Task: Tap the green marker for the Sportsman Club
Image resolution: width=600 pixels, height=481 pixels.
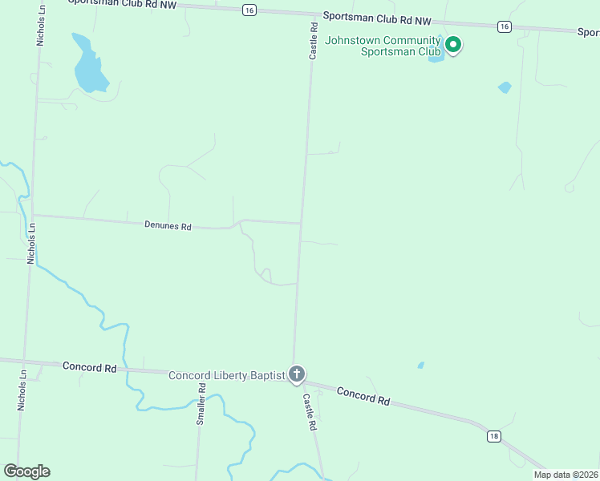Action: click(x=453, y=44)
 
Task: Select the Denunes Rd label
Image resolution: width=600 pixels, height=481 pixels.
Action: click(x=168, y=226)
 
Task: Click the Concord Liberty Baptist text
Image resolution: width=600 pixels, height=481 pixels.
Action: click(x=227, y=375)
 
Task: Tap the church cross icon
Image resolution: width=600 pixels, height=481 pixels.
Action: click(x=297, y=374)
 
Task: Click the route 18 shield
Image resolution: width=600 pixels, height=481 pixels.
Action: click(x=493, y=436)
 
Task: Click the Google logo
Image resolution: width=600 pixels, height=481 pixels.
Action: click(x=26, y=471)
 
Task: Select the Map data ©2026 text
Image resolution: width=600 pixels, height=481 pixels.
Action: click(x=566, y=475)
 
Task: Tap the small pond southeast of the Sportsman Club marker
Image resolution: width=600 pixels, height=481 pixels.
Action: click(x=504, y=87)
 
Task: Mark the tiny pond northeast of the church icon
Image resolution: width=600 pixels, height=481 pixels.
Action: click(x=421, y=366)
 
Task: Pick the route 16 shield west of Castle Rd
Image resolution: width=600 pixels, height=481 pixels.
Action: click(x=249, y=10)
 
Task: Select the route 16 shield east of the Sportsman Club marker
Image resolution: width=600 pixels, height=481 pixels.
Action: click(x=504, y=26)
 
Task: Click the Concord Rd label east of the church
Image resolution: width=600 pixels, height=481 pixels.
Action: click(x=363, y=395)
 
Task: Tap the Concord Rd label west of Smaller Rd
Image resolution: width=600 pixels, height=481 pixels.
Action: click(x=89, y=366)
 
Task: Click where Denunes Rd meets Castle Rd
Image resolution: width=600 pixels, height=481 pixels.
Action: click(x=301, y=224)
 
